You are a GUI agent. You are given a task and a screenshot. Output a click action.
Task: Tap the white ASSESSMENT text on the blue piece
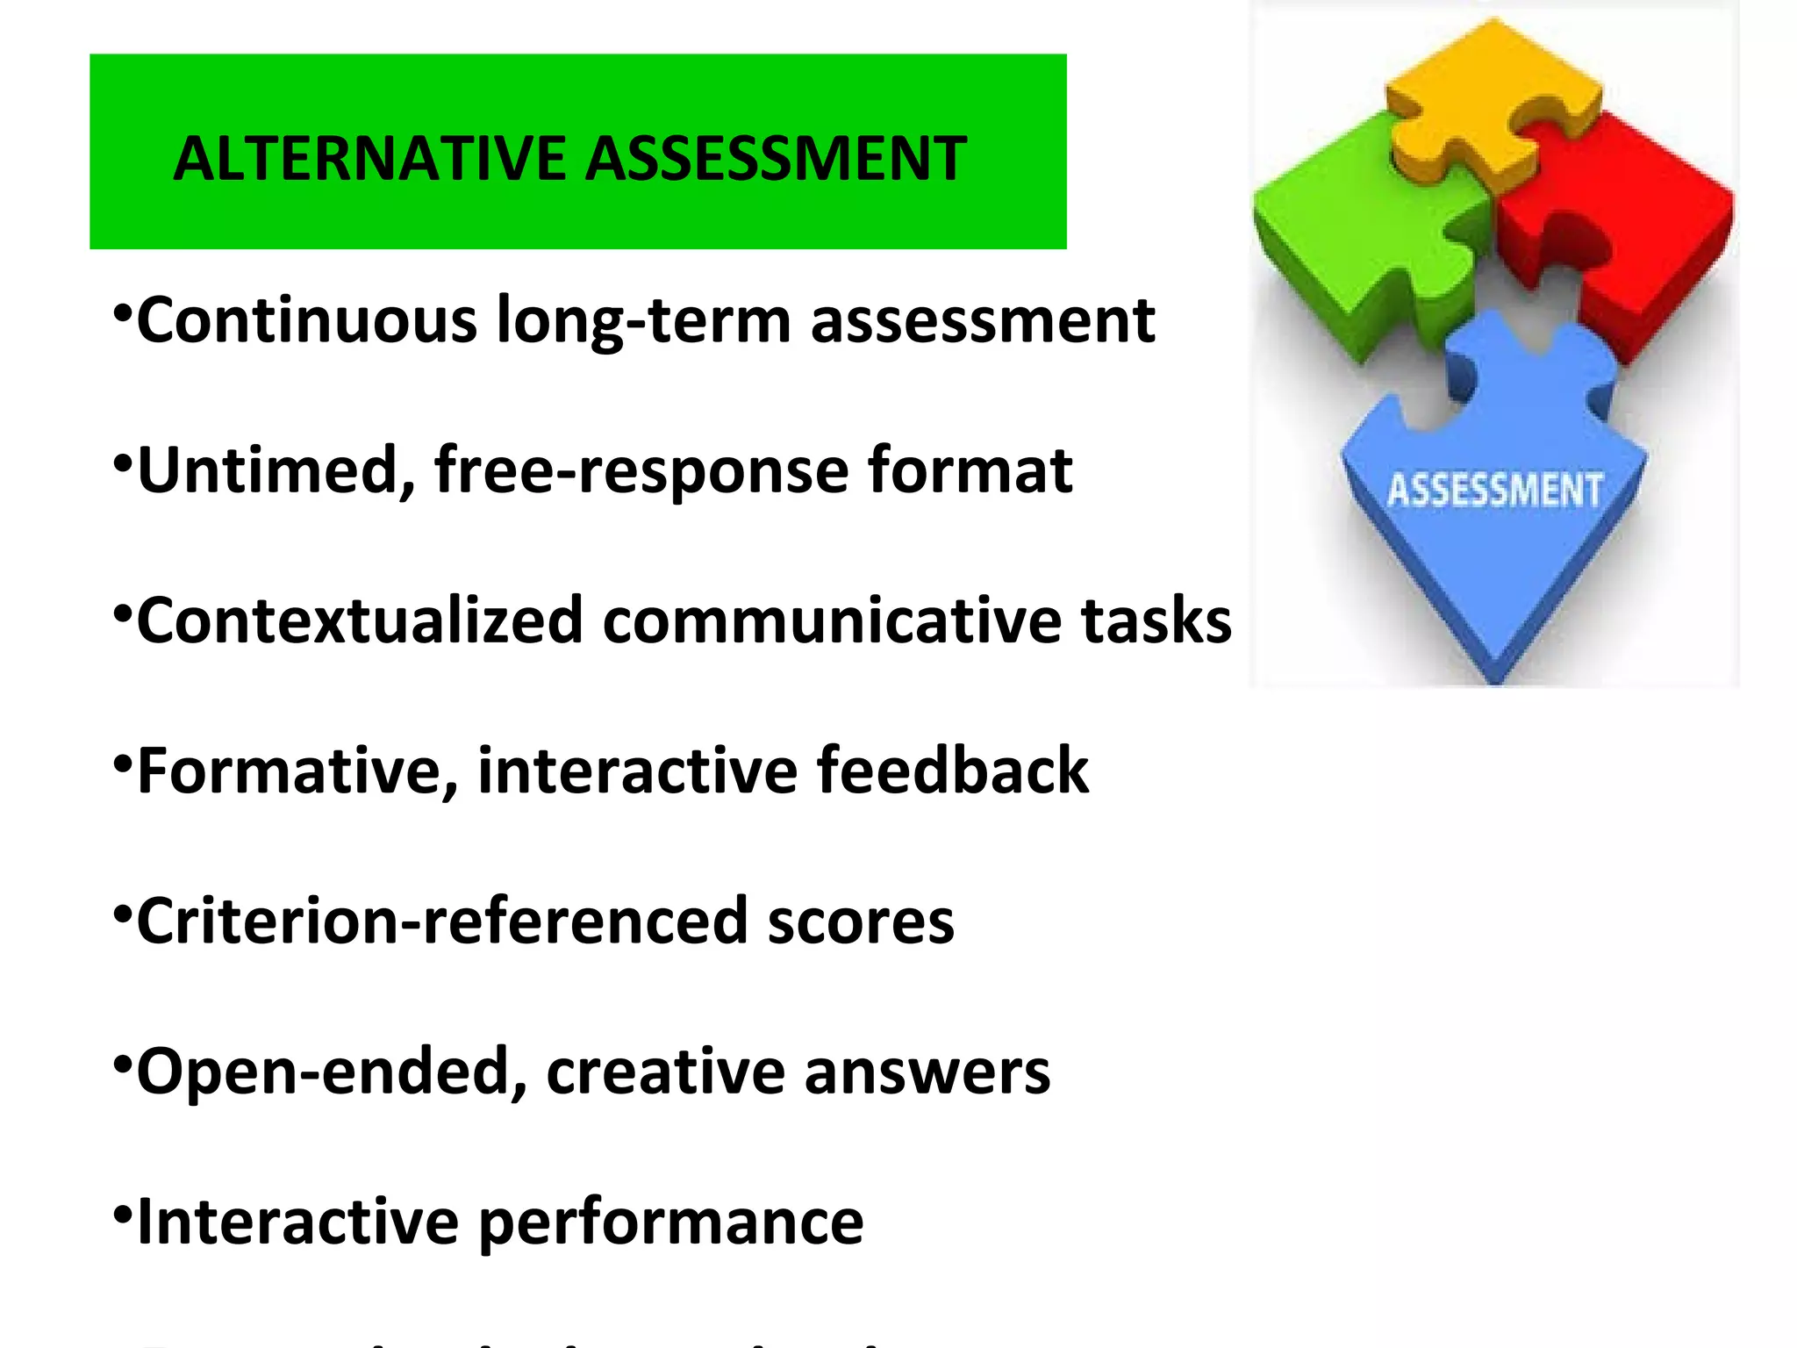tap(1495, 490)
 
